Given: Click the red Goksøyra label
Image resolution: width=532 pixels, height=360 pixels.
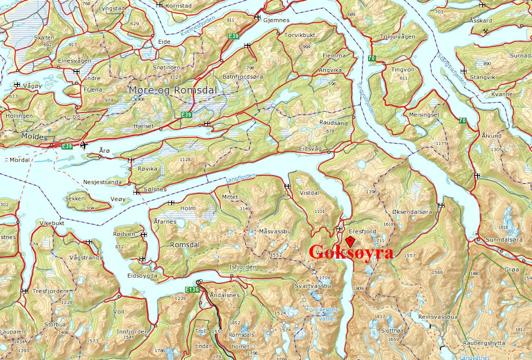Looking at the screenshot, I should pyautogui.click(x=351, y=253).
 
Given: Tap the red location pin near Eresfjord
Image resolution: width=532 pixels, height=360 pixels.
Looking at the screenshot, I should pyautogui.click(x=350, y=242).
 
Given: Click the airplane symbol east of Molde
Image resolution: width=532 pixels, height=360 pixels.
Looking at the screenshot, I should pyautogui.click(x=84, y=145).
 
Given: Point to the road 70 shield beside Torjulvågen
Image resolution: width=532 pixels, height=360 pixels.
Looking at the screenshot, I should pyautogui.click(x=371, y=59).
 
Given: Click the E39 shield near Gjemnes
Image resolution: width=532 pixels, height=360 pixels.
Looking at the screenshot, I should pyautogui.click(x=234, y=37).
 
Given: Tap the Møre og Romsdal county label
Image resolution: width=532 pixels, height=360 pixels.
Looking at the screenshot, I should pyautogui.click(x=173, y=90).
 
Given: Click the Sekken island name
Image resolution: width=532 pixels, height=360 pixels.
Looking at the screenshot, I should pyautogui.click(x=75, y=199).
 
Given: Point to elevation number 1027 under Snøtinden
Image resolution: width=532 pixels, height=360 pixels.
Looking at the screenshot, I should pyautogui.click(x=176, y=77).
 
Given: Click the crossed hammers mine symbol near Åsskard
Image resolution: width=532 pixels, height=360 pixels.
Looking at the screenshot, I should pyautogui.click(x=486, y=31).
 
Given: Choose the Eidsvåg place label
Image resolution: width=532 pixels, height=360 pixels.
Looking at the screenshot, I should pyautogui.click(x=310, y=149).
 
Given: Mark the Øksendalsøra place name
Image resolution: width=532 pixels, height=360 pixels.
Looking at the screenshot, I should pyautogui.click(x=412, y=212).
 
